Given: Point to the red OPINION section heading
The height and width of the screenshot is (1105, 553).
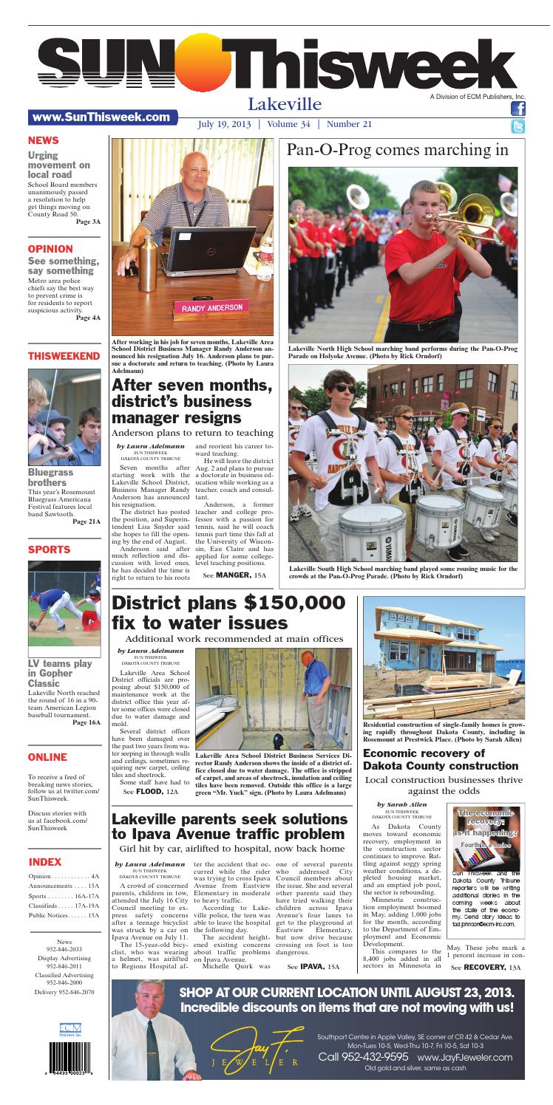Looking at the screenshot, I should [50, 249].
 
